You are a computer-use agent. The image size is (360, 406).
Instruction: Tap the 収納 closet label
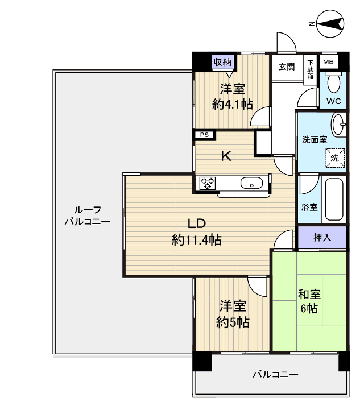tap(222, 62)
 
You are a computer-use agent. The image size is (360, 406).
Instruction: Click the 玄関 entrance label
tap(287, 67)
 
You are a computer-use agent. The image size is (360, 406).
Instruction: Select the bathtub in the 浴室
tap(333, 201)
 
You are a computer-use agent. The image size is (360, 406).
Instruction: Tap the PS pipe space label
tap(205, 135)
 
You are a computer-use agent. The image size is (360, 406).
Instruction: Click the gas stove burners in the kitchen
tap(207, 183)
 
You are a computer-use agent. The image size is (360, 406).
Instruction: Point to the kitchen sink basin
tap(251, 183)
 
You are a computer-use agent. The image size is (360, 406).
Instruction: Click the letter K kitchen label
tap(226, 157)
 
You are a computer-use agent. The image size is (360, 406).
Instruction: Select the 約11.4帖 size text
tap(197, 240)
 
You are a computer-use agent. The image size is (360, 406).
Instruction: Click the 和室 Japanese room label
tap(309, 295)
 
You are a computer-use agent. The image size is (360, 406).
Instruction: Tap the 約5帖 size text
tap(233, 322)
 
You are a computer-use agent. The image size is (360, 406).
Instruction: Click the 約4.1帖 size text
tap(233, 103)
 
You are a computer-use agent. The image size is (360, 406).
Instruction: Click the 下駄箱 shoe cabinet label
tap(311, 68)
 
